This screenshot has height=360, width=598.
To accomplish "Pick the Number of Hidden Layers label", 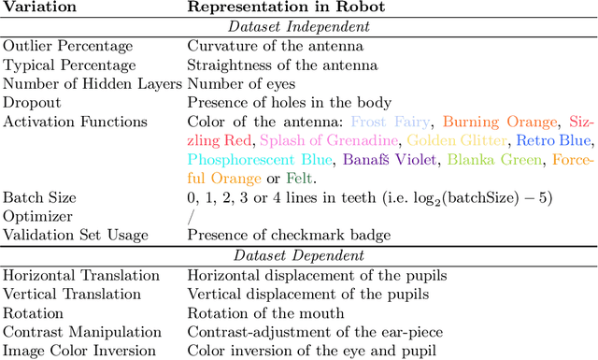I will tap(92, 83).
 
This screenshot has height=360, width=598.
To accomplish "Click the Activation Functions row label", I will tap(75, 122).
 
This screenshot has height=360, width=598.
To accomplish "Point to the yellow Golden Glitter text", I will tap(457, 140).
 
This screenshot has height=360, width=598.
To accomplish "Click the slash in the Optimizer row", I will tap(191, 216).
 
